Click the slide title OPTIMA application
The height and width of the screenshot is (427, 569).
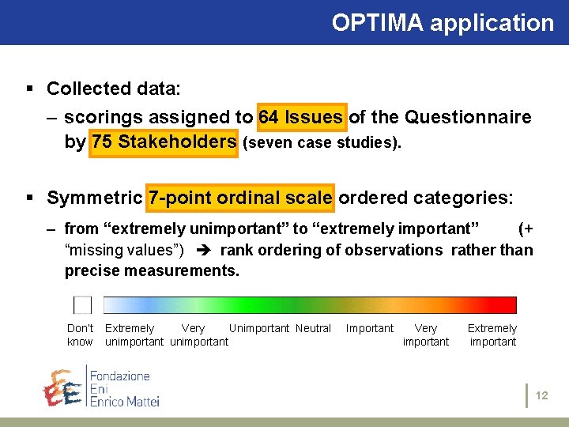click(x=443, y=23)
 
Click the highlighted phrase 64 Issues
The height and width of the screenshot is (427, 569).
click(x=300, y=118)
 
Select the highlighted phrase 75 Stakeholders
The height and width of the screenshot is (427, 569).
click(x=164, y=142)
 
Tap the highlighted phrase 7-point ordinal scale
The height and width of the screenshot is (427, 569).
click(x=240, y=197)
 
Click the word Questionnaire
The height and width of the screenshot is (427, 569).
click(x=468, y=118)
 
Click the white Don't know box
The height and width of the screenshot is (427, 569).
click(x=82, y=305)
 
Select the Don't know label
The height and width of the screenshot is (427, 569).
click(x=80, y=335)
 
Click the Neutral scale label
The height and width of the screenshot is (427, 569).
click(x=313, y=329)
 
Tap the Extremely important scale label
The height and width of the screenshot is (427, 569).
click(x=492, y=335)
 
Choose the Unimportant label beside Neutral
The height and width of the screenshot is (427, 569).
click(x=259, y=329)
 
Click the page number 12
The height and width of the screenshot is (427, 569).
click(x=541, y=395)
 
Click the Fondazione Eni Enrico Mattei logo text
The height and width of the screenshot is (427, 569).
click(x=124, y=387)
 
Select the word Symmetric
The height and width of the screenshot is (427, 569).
click(x=94, y=197)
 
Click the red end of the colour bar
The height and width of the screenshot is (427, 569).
click(x=506, y=305)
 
